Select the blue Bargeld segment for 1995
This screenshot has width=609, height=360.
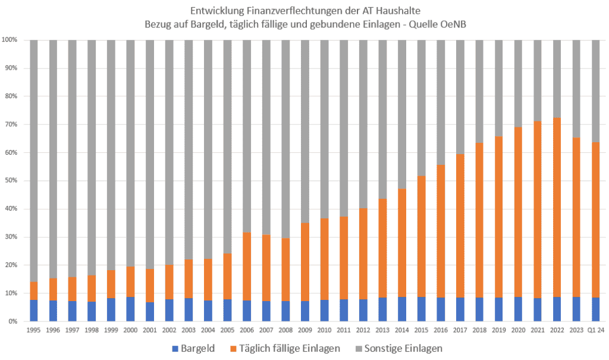click(x=33, y=310)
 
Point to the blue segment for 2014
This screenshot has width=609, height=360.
click(x=402, y=309)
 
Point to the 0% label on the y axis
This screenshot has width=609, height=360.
click(x=13, y=321)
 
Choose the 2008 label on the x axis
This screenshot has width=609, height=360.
click(x=285, y=329)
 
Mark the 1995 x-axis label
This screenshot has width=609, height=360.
click(x=33, y=329)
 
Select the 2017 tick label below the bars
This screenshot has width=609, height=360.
click(x=460, y=329)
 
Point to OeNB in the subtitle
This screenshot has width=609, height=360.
click(x=459, y=24)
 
